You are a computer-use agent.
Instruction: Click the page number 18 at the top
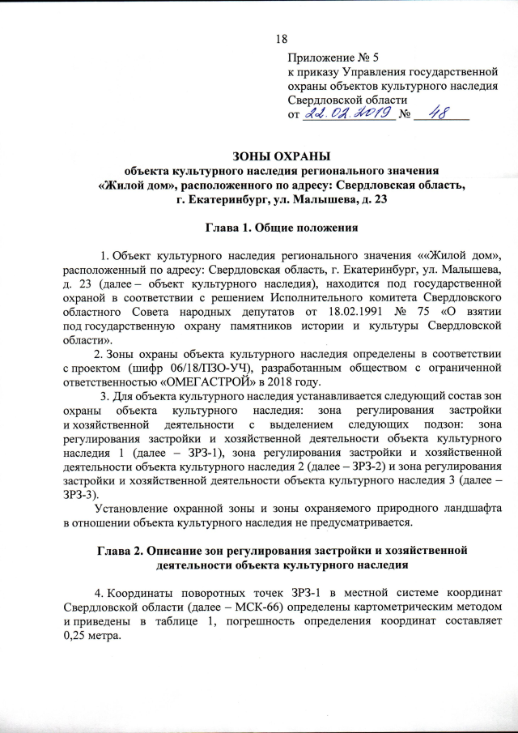[x=282, y=39]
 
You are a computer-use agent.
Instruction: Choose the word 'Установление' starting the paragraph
[x=132, y=509]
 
